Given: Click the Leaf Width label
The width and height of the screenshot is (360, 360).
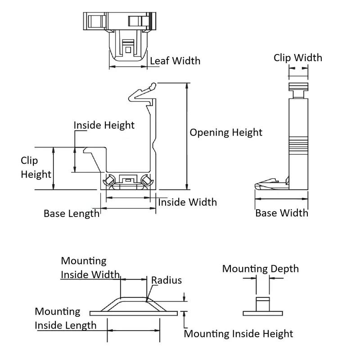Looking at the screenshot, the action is [175, 61].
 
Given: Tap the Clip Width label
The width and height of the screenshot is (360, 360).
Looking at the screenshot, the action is [298, 58].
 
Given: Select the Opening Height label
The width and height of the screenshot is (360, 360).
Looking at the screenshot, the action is [226, 132].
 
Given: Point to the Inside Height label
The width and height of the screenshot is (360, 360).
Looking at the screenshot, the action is [104, 125].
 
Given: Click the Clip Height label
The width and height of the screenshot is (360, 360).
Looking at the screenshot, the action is [36, 167].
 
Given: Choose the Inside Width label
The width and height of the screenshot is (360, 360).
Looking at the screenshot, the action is [187, 202].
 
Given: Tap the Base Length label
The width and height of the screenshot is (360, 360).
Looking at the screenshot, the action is [72, 213].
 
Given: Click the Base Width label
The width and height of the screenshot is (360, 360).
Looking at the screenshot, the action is [282, 213].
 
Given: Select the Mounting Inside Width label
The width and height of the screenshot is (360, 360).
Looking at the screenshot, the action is [90, 268].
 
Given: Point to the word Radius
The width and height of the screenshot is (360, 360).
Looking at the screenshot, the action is [166, 280].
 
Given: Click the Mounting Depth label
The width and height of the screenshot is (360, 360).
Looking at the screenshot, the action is [261, 269].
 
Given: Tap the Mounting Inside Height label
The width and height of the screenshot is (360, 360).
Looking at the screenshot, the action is [238, 333].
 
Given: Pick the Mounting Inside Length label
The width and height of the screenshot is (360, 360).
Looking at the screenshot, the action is [66, 319].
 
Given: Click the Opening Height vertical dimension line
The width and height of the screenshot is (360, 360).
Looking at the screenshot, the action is [187, 136].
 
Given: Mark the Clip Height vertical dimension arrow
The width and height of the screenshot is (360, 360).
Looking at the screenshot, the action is [54, 168].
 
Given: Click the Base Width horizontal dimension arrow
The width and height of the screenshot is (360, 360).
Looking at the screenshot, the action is [282, 199].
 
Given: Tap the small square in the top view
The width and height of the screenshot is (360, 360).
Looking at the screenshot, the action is [128, 50].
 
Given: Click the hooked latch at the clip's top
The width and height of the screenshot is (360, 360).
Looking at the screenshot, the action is [142, 92].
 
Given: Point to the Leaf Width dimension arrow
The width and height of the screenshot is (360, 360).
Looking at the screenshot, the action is [128, 67].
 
